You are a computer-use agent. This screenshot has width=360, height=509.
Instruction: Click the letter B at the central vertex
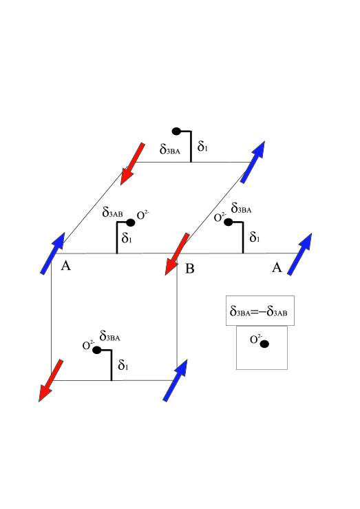[x=190, y=268]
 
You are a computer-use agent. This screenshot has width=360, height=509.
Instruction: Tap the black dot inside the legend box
[x=264, y=344]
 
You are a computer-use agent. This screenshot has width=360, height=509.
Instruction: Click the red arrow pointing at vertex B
[x=176, y=253]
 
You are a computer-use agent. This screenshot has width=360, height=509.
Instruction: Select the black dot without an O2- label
[x=176, y=131]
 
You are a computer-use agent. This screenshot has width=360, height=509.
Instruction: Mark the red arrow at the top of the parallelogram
[x=132, y=163]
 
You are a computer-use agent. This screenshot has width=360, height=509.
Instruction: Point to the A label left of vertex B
[x=66, y=267]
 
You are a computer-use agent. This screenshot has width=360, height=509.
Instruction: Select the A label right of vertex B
[x=277, y=268]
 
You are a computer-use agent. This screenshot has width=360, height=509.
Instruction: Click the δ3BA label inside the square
[x=111, y=337]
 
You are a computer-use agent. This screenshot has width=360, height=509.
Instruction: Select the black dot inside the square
[x=97, y=350]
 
